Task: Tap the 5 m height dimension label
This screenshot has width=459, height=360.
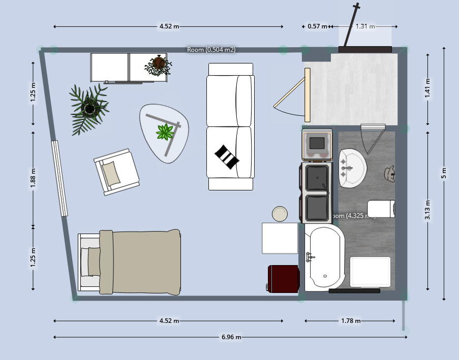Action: pyautogui.click(x=444, y=173)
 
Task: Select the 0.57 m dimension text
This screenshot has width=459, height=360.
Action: pyautogui.click(x=318, y=26)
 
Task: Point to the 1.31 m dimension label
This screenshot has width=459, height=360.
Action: pyautogui.click(x=365, y=26)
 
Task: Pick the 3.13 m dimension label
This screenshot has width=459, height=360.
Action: pyautogui.click(x=429, y=210)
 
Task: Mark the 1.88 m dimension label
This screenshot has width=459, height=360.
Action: pyautogui.click(x=34, y=178)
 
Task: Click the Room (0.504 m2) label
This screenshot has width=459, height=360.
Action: pyautogui.click(x=211, y=49)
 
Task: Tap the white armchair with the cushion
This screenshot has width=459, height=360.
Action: pyautogui.click(x=116, y=171)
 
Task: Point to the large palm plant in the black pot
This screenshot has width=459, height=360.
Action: pyautogui.click(x=89, y=108)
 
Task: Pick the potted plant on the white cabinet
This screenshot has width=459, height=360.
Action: pyautogui.click(x=159, y=65)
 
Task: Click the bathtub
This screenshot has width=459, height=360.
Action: pyautogui.click(x=325, y=258)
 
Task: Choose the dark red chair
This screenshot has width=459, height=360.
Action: pyautogui.click(x=283, y=279)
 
